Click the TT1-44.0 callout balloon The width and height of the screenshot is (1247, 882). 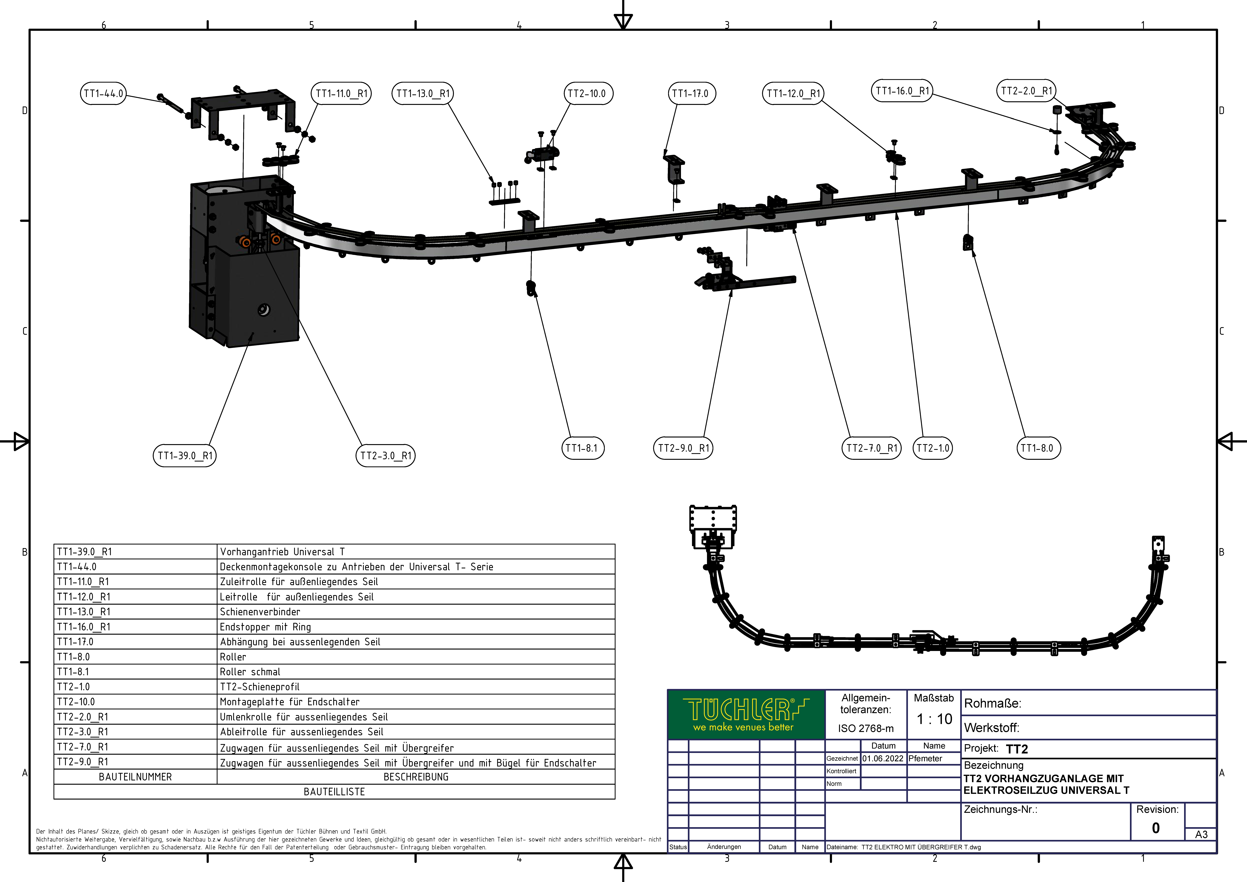pyautogui.click(x=103, y=93)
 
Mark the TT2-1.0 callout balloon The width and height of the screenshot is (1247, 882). pyautogui.click(x=933, y=448)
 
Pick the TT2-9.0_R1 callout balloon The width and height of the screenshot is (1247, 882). pyautogui.click(x=683, y=448)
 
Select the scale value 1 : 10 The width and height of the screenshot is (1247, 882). pyautogui.click(x=934, y=719)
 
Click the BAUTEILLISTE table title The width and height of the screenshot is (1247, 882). pyautogui.click(x=334, y=792)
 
